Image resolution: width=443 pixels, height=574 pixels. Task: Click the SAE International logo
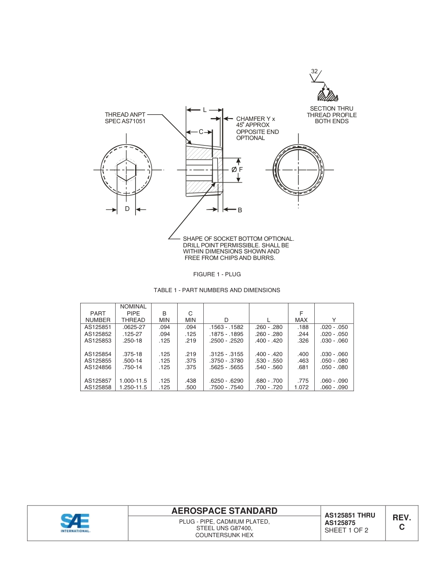[x=75, y=523]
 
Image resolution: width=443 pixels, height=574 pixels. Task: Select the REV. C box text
[x=401, y=523]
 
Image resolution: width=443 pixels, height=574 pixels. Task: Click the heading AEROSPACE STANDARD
[x=224, y=511]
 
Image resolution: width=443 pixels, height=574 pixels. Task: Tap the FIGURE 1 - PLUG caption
[x=217, y=274]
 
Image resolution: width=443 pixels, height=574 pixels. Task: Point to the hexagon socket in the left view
[x=126, y=170]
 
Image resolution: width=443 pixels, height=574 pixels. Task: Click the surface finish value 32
[x=314, y=71]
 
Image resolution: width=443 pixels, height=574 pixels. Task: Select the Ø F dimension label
[x=237, y=170]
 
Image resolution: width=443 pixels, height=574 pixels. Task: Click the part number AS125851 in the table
[x=98, y=327]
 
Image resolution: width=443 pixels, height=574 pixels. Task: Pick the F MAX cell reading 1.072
[x=301, y=387]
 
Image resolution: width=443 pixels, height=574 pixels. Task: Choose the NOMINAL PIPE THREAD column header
[x=133, y=313]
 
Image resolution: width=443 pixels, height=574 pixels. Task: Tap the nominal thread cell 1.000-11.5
[x=133, y=381]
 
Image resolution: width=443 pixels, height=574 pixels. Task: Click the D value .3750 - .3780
[x=226, y=361]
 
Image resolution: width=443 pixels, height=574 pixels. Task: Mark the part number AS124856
[x=98, y=367]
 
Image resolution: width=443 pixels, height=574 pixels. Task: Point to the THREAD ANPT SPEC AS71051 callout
[x=125, y=118]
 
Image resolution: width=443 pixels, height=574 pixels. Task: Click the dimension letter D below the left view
[x=127, y=209]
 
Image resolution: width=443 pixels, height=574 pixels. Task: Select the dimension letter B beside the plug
[x=240, y=210]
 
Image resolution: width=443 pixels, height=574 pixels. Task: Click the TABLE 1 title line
[x=217, y=290]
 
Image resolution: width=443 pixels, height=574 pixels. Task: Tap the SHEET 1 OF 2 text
[x=346, y=530]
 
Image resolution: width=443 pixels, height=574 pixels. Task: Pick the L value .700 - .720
[x=269, y=387]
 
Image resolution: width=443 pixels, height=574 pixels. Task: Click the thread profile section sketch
[x=327, y=95]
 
